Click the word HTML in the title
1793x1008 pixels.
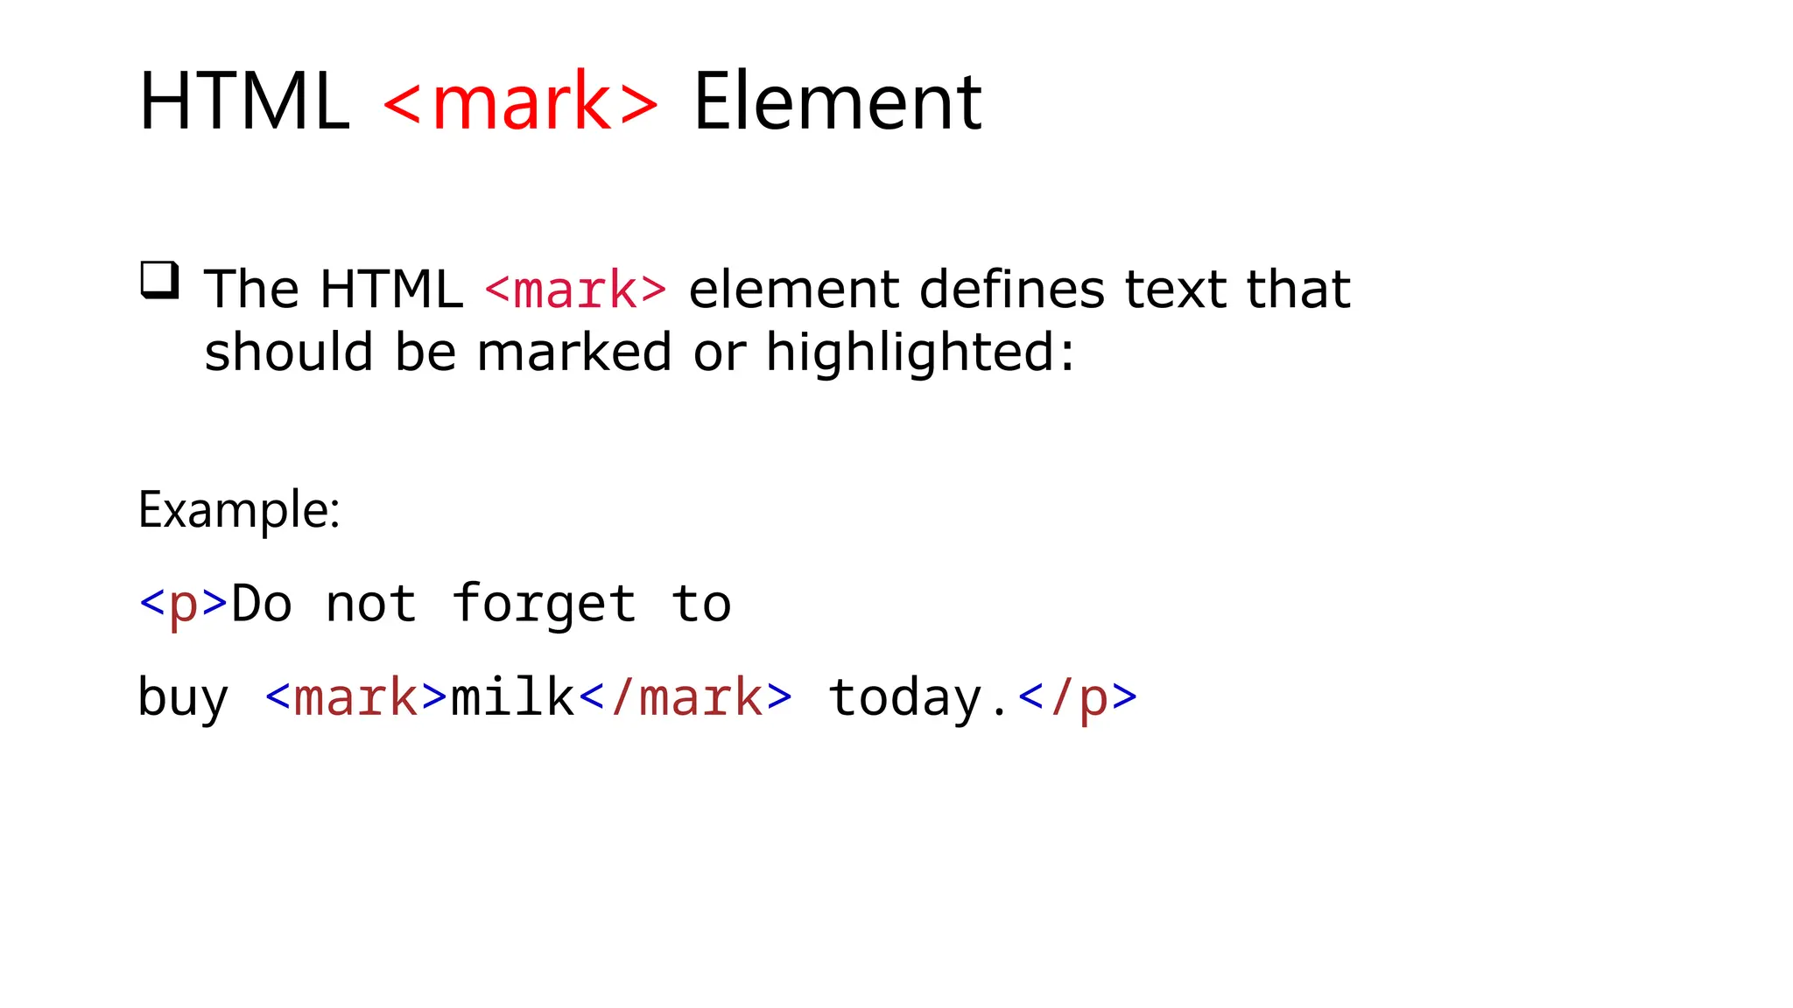coord(243,102)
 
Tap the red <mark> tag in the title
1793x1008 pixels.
coord(521,102)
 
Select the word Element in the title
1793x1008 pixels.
coord(838,102)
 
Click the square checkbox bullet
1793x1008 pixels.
coord(160,280)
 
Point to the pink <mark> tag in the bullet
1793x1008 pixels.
coord(576,290)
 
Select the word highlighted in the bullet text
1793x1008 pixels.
coord(911,353)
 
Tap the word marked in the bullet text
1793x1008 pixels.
coord(574,353)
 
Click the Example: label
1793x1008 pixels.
coord(239,510)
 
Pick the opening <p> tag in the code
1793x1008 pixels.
coord(184,604)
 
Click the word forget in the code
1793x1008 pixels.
coord(544,605)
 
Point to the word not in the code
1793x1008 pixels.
coord(371,605)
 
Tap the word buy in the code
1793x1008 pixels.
coord(184,698)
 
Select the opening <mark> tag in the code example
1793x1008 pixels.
coord(356,697)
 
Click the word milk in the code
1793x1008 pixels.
coord(512,697)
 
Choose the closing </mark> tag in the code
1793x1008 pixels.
coord(686,697)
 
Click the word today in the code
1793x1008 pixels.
coord(905,698)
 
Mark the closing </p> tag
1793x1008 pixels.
coord(1078,698)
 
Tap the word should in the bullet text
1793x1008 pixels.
coord(288,353)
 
